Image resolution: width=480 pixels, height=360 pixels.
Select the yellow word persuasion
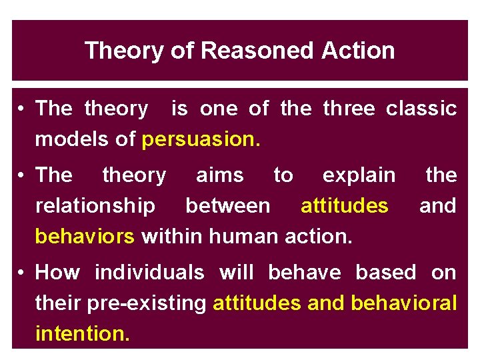pyautogui.click(x=201, y=139)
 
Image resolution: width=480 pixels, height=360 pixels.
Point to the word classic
pyautogui.click(x=421, y=108)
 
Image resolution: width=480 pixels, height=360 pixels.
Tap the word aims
pyautogui.click(x=219, y=175)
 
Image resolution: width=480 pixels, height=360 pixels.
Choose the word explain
pyautogui.click(x=359, y=175)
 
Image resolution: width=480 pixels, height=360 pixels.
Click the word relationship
pyautogui.click(x=95, y=206)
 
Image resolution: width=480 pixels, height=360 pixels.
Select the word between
pyautogui.click(x=228, y=206)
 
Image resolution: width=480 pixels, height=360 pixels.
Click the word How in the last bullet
pyautogui.click(x=57, y=273)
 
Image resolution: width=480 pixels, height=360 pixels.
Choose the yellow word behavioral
pyautogui.click(x=403, y=303)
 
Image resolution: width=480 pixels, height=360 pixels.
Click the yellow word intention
pyautogui.click(x=82, y=333)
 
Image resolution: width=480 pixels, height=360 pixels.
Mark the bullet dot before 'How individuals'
pyautogui.click(x=23, y=273)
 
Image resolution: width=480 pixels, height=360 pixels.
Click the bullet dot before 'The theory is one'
pyautogui.click(x=23, y=109)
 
